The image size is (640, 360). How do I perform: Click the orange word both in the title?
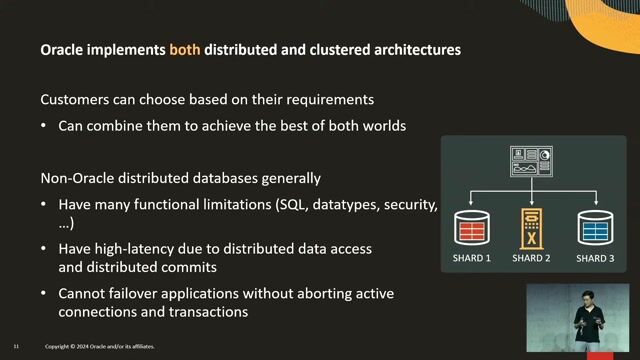(x=185, y=49)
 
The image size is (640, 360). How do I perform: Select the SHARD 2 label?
(x=532, y=259)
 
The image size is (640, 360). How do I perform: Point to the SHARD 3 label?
(x=594, y=259)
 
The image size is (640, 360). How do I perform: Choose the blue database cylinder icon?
(x=594, y=228)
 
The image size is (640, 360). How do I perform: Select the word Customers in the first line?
(x=75, y=101)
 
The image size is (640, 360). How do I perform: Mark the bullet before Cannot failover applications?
(x=45, y=292)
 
